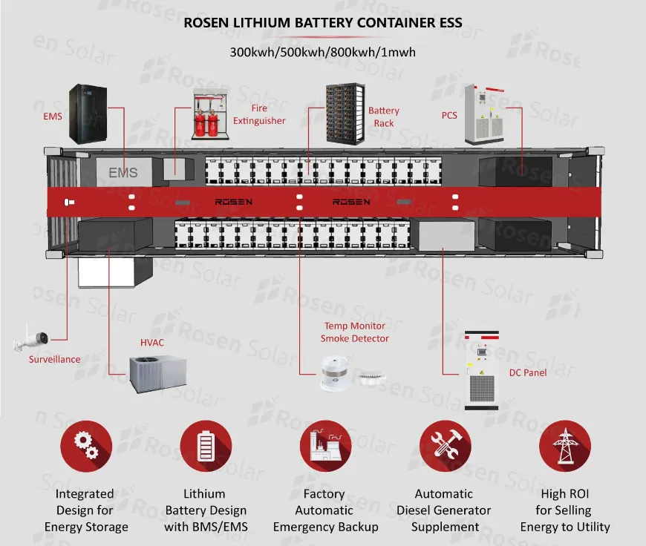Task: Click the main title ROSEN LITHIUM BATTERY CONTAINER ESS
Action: pyautogui.click(x=322, y=23)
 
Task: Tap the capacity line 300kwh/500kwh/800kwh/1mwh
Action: pyautogui.click(x=322, y=53)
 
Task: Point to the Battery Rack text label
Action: pyautogui.click(x=384, y=117)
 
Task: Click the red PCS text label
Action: pyautogui.click(x=449, y=116)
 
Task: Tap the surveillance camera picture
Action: pyautogui.click(x=31, y=338)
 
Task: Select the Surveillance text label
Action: pyautogui.click(x=54, y=360)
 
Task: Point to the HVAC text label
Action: pyautogui.click(x=152, y=343)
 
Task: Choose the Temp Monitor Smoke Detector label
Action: pyautogui.click(x=354, y=332)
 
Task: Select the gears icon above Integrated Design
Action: pyautogui.click(x=86, y=445)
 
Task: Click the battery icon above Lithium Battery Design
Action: pyautogui.click(x=206, y=445)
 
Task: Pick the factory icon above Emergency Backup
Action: pyautogui.click(x=325, y=445)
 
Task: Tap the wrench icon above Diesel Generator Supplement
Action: pyautogui.click(x=445, y=445)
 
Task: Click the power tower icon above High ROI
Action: pyautogui.click(x=565, y=445)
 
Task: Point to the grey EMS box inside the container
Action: pyautogui.click(x=123, y=172)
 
